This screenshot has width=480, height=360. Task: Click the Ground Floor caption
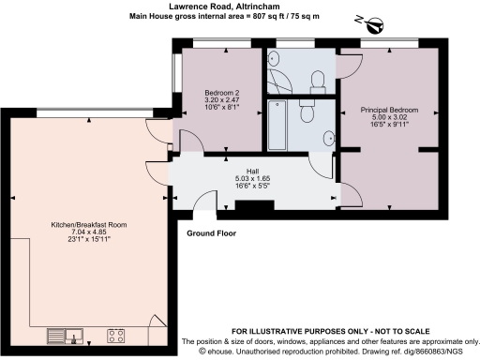pos(212,232)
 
